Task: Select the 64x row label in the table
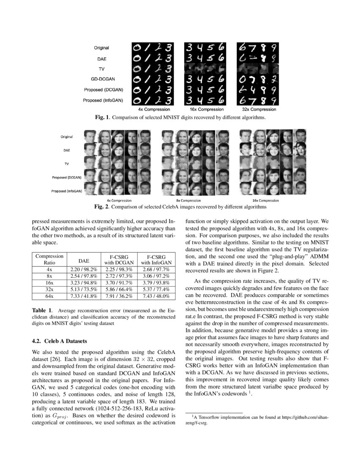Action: tap(49, 296)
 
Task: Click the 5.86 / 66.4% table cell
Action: tap(119, 289)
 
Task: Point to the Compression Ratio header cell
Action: tap(49, 259)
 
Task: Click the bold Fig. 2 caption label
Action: tap(102, 207)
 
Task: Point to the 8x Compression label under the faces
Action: tap(188, 200)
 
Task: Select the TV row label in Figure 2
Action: tap(66, 163)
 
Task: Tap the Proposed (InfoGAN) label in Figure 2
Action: tap(66, 191)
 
